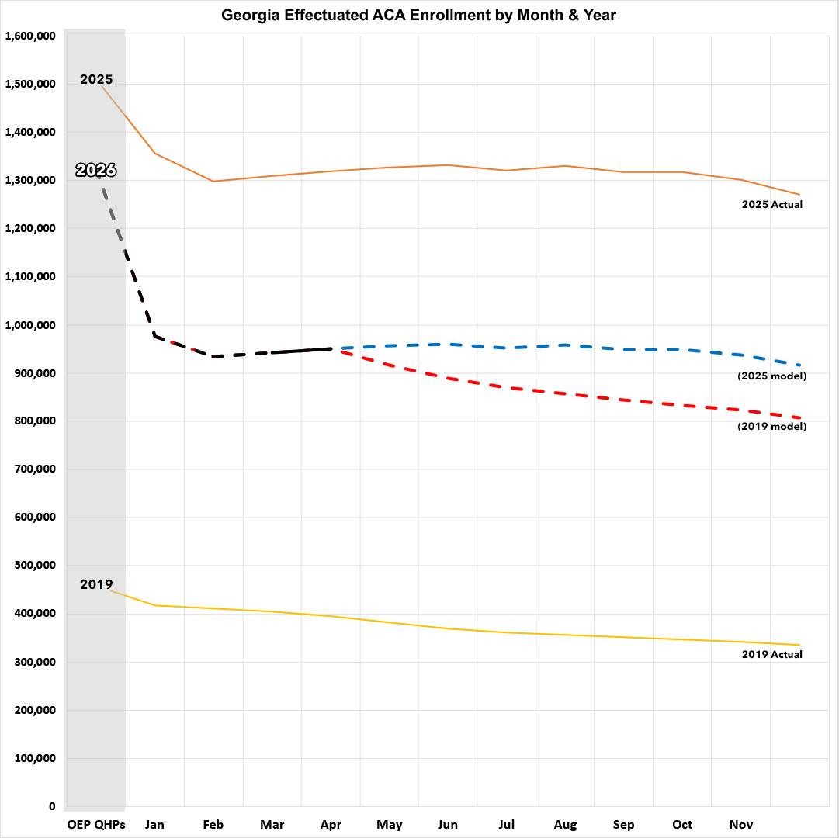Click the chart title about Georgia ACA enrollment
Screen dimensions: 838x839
pyautogui.click(x=418, y=15)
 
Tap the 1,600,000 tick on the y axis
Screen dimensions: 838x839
pyautogui.click(x=30, y=36)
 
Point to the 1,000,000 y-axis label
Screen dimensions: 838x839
pyautogui.click(x=30, y=325)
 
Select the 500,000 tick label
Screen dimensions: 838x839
pyautogui.click(x=34, y=566)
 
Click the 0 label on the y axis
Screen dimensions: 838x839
pyautogui.click(x=52, y=806)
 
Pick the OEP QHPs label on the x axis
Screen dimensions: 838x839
pyautogui.click(x=95, y=824)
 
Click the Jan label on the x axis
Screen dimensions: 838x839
pyautogui.click(x=154, y=824)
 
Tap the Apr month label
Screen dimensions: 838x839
pyautogui.click(x=331, y=824)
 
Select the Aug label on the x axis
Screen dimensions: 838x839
pyautogui.click(x=565, y=824)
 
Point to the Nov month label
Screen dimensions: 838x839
pyautogui.click(x=740, y=824)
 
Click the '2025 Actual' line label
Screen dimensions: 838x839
pyautogui.click(x=771, y=205)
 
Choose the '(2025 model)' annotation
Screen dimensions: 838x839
pyautogui.click(x=771, y=376)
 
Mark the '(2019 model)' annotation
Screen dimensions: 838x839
pyautogui.click(x=771, y=426)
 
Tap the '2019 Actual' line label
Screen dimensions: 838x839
pyautogui.click(x=771, y=654)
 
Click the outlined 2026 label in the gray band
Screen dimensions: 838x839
pyautogui.click(x=96, y=170)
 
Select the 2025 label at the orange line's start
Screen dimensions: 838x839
pyautogui.click(x=96, y=79)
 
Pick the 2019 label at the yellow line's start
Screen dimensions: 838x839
pyautogui.click(x=96, y=584)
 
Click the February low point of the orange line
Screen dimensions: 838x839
pyautogui.click(x=213, y=182)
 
